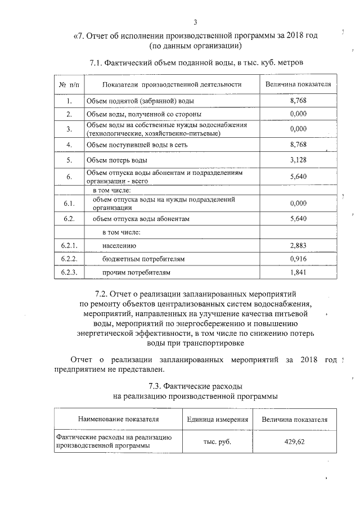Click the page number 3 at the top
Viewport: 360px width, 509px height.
pyautogui.click(x=195, y=22)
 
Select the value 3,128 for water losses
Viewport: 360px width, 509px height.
pyautogui.click(x=298, y=160)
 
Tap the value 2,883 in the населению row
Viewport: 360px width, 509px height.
pyautogui.click(x=298, y=246)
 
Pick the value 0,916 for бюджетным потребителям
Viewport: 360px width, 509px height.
pyautogui.click(x=298, y=259)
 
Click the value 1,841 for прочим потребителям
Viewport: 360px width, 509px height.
pyautogui.click(x=298, y=273)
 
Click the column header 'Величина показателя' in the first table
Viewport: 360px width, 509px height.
pyautogui.click(x=298, y=84)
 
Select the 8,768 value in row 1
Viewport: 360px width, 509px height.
pyautogui.click(x=298, y=101)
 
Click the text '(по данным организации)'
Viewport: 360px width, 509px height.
pyautogui.click(x=196, y=45)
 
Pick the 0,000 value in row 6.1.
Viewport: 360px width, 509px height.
pyautogui.click(x=298, y=203)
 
